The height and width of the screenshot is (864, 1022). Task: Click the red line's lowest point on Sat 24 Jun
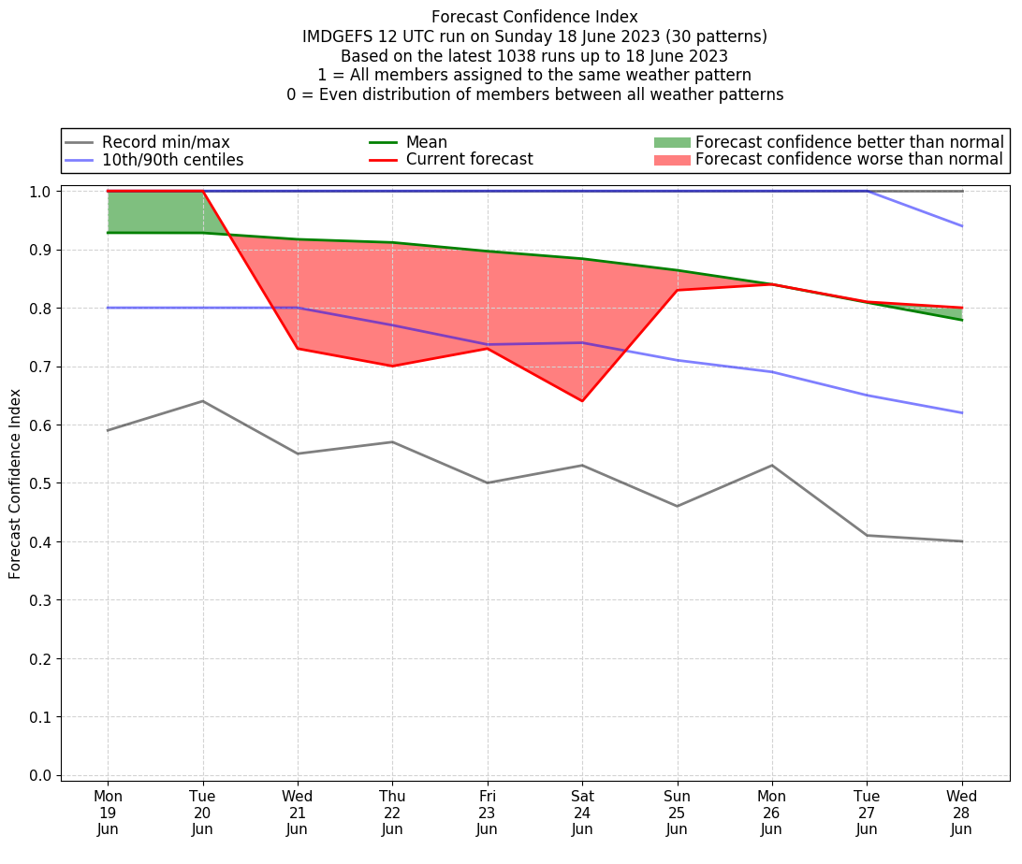582,401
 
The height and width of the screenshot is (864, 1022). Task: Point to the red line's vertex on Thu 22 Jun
392,366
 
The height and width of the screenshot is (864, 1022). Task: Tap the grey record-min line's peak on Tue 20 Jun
203,401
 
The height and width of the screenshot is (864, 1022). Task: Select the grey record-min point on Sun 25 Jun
677,506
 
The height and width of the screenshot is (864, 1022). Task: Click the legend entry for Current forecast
469,160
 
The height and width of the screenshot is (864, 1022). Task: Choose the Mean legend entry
426,142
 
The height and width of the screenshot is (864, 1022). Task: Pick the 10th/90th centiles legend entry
172,160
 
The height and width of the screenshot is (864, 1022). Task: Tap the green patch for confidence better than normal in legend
671,142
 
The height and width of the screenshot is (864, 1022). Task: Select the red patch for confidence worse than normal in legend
671,160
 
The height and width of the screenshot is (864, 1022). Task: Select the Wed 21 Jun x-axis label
298,813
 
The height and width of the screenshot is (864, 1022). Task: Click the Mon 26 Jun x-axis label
772,813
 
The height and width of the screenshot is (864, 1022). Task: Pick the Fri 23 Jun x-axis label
487,813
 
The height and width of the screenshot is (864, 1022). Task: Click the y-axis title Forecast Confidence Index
15,483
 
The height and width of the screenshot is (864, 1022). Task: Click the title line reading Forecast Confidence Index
534,17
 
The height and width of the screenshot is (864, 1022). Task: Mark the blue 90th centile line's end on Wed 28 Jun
962,226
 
